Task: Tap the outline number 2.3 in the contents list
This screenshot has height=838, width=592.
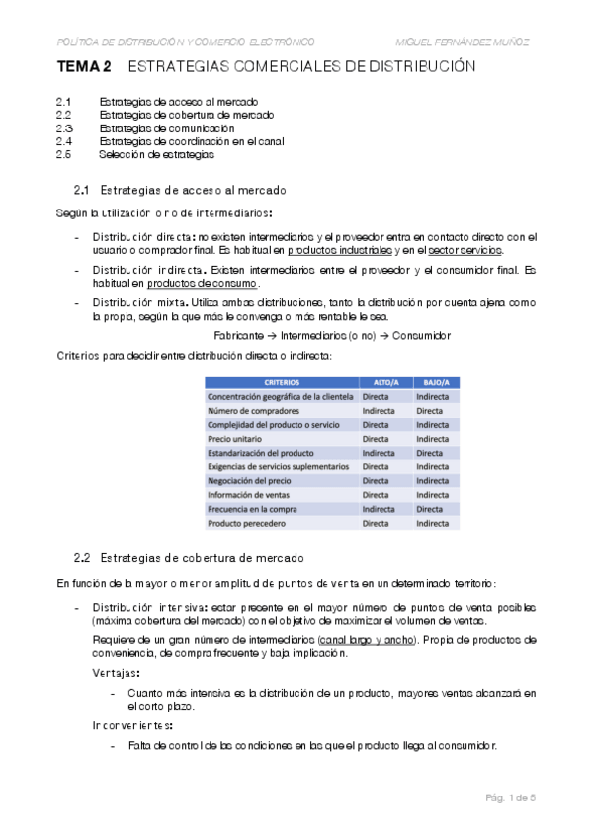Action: tap(64, 128)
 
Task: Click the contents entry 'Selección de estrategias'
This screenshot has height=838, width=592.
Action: tap(156, 154)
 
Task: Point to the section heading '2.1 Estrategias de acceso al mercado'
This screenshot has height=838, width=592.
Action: tap(180, 190)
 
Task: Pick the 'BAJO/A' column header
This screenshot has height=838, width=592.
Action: tap(435, 382)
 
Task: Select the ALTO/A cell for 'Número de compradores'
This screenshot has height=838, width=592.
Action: tap(380, 410)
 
